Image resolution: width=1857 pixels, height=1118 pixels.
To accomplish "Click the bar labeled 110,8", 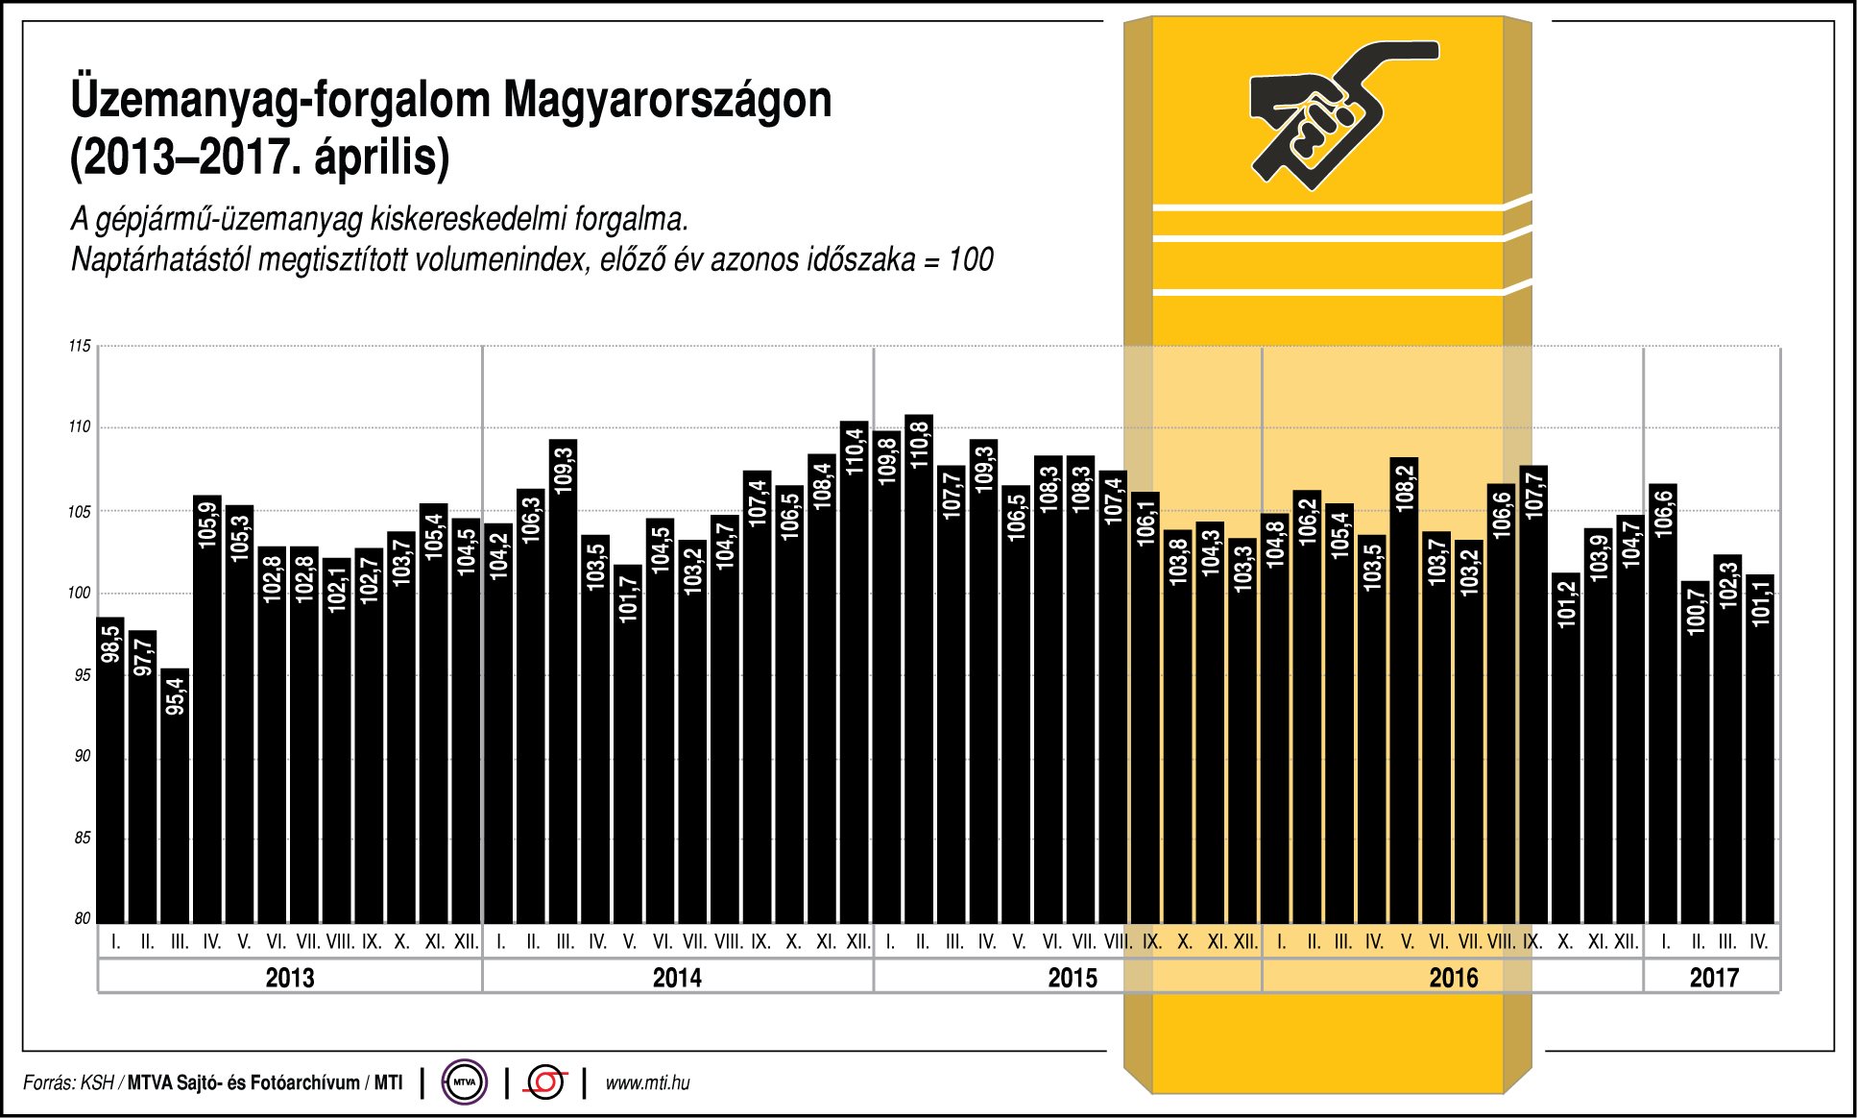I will [x=919, y=672].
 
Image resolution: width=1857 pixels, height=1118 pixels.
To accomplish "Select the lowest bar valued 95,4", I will [x=175, y=797].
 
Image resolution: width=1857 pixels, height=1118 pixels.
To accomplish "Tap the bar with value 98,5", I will [x=110, y=768].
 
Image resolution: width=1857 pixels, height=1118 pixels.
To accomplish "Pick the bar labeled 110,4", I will [x=854, y=672].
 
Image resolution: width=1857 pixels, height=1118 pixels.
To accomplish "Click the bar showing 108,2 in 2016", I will [x=1404, y=692].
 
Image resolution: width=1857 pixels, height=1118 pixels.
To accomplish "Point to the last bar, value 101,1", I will [x=1759, y=749].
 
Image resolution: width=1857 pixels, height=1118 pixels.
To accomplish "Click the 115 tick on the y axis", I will [x=80, y=346].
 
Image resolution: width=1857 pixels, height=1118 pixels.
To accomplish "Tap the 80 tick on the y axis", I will [x=83, y=918].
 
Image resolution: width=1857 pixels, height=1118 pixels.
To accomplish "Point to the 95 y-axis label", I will [x=83, y=674].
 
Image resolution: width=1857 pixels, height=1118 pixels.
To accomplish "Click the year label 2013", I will [x=289, y=978].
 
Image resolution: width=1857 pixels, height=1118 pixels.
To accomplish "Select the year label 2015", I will [x=1072, y=978].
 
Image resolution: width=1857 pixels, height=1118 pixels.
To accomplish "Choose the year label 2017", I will [x=1713, y=978].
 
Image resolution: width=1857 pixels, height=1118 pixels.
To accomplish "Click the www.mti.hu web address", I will [x=647, y=1083].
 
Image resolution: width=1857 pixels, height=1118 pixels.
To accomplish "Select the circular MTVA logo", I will [x=465, y=1082].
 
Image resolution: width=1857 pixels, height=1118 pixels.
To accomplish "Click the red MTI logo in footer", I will [x=545, y=1082].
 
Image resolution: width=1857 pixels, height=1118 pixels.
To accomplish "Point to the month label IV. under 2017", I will [x=1758, y=942].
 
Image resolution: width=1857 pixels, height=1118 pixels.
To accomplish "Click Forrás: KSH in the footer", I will [x=68, y=1083].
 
